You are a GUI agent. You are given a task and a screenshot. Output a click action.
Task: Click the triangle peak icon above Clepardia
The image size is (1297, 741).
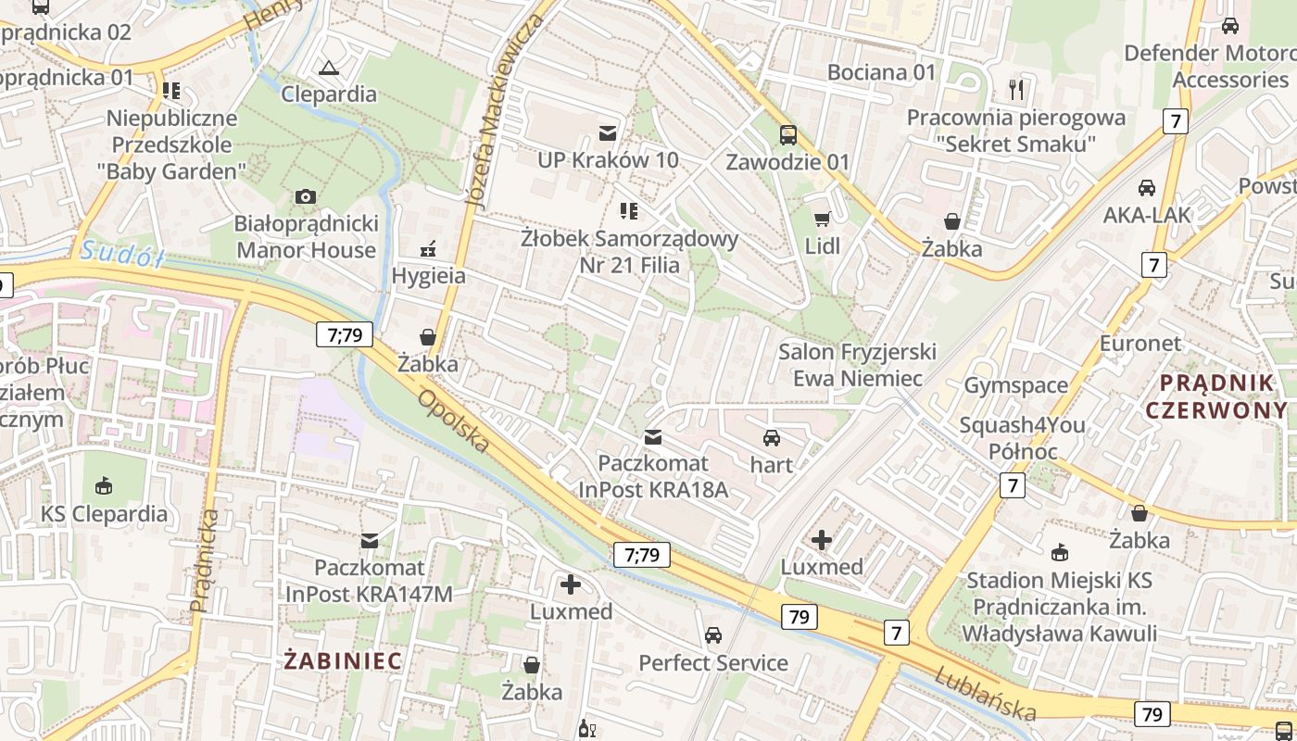tap(328, 68)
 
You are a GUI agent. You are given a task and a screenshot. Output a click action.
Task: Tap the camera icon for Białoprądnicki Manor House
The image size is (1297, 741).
tap(305, 196)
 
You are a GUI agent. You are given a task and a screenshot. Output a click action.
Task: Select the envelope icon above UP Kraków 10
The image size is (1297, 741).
tap(608, 133)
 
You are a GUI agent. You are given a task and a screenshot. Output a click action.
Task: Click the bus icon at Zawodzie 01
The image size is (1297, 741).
tap(787, 135)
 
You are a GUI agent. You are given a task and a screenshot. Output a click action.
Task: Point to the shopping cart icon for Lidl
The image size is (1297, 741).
tap(822, 220)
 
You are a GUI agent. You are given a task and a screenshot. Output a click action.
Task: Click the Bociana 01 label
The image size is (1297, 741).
tap(881, 72)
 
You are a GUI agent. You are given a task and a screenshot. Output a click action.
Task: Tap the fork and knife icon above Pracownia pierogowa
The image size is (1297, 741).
tap(1016, 90)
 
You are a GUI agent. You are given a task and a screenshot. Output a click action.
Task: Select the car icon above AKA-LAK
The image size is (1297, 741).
tap(1147, 188)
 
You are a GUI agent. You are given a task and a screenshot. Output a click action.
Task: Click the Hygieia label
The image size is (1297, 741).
tap(428, 276)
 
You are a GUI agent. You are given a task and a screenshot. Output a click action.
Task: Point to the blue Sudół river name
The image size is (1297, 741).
tap(121, 252)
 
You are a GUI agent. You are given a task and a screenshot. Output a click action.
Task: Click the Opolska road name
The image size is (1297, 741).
tap(453, 421)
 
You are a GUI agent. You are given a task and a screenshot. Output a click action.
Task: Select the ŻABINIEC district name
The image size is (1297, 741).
tap(343, 661)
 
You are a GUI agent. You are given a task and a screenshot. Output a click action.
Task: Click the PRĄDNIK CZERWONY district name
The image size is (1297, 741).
tap(1216, 396)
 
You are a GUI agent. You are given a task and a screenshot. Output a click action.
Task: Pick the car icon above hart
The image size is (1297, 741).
tap(772, 438)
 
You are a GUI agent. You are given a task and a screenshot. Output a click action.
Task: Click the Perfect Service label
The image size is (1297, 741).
tap(713, 663)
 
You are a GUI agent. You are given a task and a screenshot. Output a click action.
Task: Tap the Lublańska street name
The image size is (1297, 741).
tap(985, 694)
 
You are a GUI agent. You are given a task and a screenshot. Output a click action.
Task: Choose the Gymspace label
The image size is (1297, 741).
tap(1016, 385)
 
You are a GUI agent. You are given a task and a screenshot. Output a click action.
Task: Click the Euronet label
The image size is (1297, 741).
tap(1140, 344)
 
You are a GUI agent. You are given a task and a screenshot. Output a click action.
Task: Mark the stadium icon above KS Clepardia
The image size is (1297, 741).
tap(104, 486)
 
